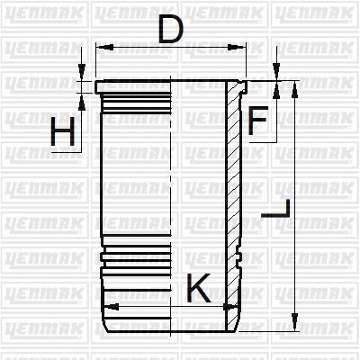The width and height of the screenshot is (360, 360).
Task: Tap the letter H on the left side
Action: pos(63,133)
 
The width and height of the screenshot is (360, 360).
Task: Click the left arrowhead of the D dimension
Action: pos(100,47)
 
